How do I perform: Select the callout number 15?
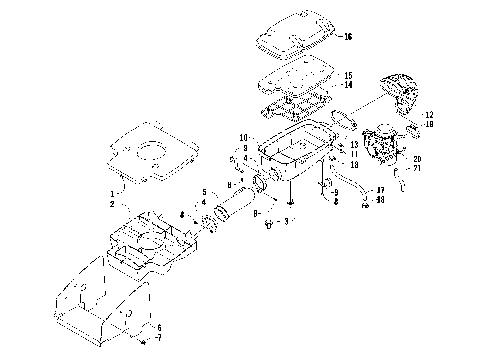[x=348, y=76]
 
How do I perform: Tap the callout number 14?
[x=348, y=86]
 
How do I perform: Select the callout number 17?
[x=381, y=190]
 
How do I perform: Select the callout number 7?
[x=158, y=339]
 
